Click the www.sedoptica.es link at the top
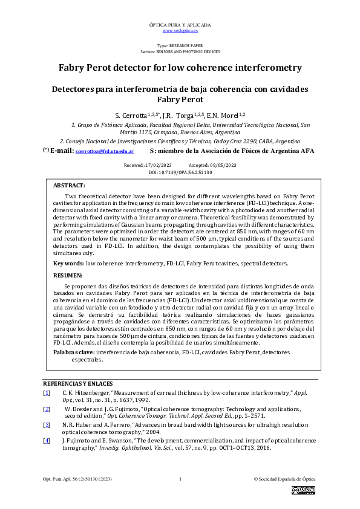(x=180, y=30)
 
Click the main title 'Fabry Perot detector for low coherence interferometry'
(x=180, y=67)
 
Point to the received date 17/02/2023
(x=159, y=165)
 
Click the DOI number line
(x=180, y=172)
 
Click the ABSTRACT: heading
(x=69, y=186)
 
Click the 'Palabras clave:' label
(x=74, y=352)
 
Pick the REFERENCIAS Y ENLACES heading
(x=77, y=384)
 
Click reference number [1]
(x=47, y=393)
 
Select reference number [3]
(x=47, y=426)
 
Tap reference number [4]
(x=47, y=441)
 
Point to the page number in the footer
(x=180, y=479)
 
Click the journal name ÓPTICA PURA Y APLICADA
(x=180, y=25)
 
